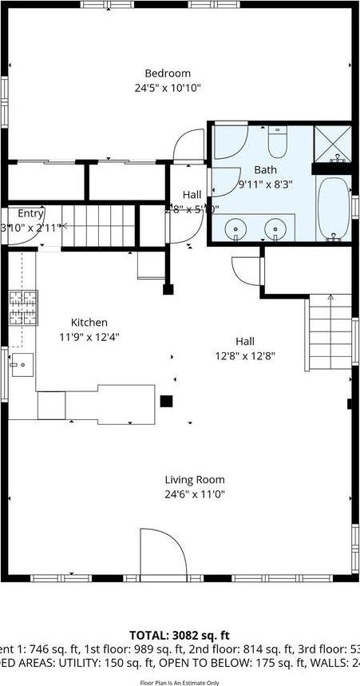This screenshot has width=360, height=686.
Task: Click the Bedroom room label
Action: (x=168, y=73)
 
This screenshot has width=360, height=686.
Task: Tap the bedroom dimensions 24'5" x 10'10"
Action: (x=168, y=87)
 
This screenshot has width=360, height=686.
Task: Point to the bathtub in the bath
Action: (x=333, y=208)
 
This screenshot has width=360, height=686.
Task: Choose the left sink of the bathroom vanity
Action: (x=236, y=229)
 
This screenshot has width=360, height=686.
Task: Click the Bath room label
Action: (x=264, y=170)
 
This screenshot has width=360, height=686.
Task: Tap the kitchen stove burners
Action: (x=23, y=307)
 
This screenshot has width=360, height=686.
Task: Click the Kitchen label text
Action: (x=89, y=323)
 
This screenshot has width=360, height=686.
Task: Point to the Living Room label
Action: (x=195, y=480)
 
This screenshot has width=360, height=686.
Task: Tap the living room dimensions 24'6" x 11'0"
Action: (x=195, y=494)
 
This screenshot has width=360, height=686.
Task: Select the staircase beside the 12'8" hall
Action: (x=329, y=332)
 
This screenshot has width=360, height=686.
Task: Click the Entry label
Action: (x=30, y=213)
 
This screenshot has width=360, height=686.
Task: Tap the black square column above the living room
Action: (x=167, y=402)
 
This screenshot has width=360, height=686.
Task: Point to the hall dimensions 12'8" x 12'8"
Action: (x=246, y=356)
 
